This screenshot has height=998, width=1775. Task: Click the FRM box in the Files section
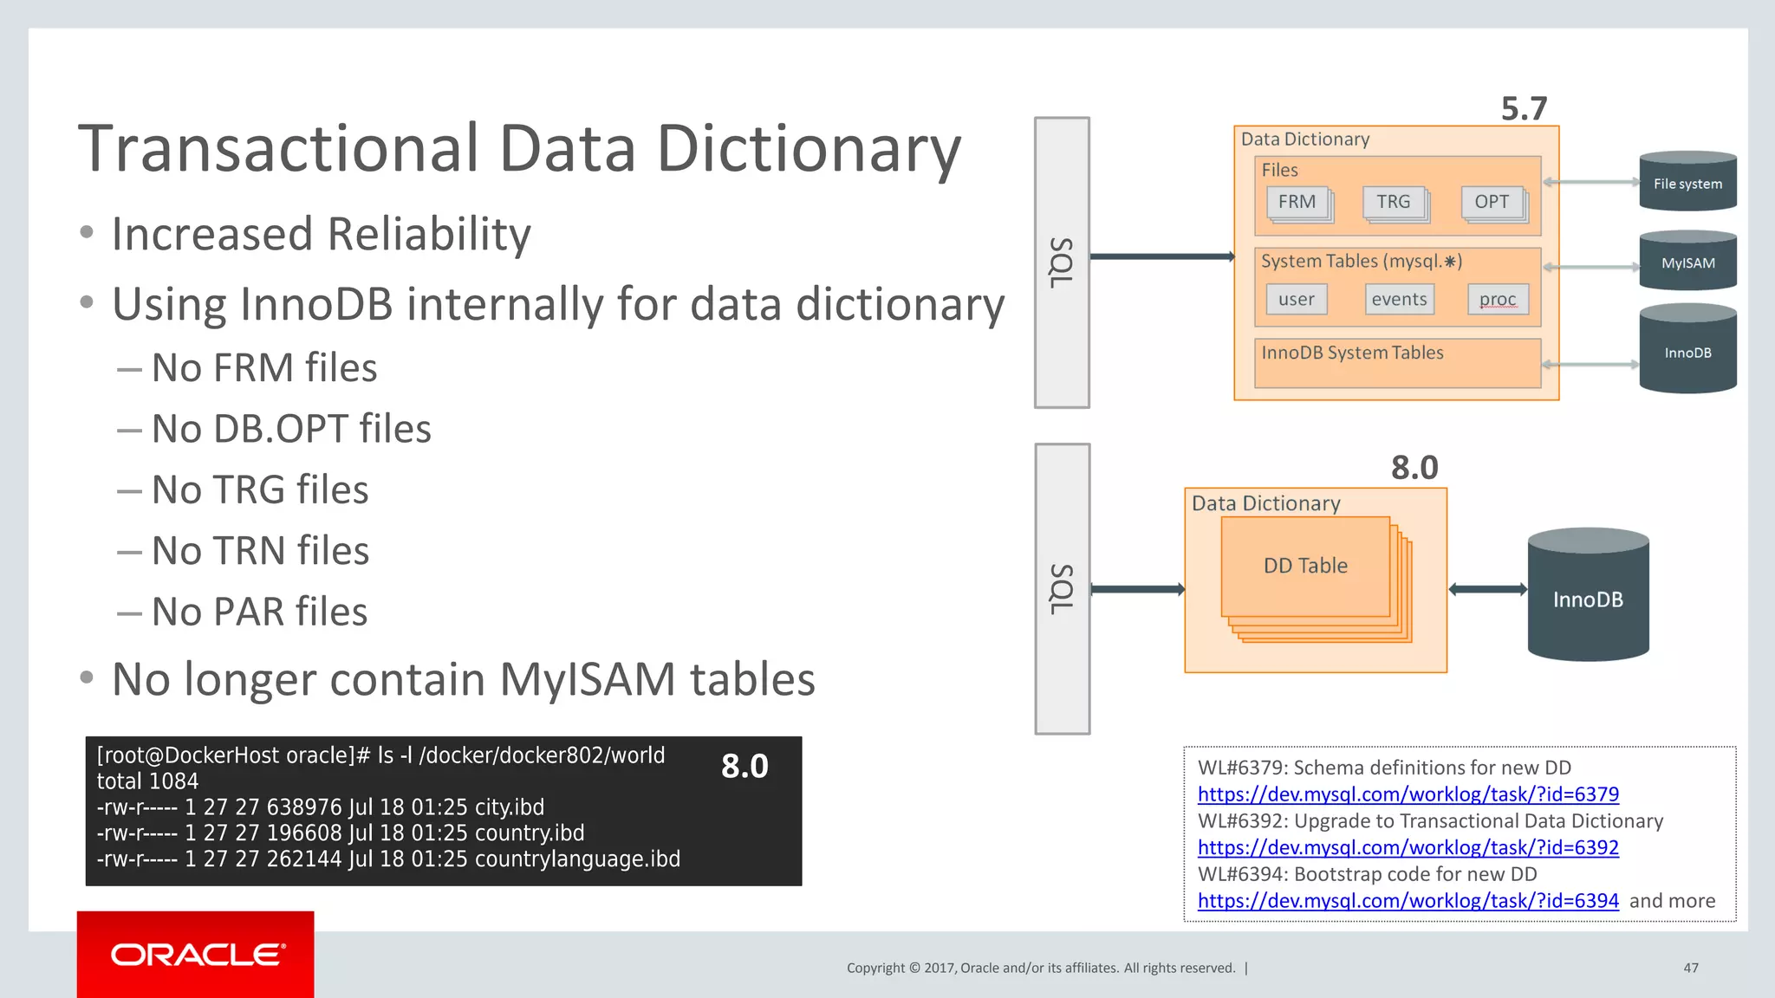coord(1297,202)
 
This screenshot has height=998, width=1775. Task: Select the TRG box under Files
coord(1393,202)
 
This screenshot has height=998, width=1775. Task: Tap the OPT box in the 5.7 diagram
coord(1491,202)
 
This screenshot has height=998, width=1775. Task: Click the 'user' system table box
coord(1296,300)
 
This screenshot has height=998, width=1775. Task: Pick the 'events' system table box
coord(1399,300)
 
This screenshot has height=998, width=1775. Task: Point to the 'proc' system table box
coord(1498,300)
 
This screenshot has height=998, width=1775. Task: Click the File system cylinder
coord(1687,183)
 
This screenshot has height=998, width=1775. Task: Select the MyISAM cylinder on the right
coord(1687,262)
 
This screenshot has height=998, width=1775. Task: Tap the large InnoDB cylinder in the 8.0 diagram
coord(1588,598)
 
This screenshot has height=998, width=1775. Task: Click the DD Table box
coord(1305,567)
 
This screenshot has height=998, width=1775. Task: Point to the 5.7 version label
coord(1524,109)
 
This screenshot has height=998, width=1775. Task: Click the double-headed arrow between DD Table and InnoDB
coord(1487,590)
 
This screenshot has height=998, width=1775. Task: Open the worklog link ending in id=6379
coord(1408,794)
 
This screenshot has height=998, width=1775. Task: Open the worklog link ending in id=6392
coord(1408,847)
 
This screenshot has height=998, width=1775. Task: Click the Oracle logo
coord(197,955)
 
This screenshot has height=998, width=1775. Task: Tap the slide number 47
coord(1690,968)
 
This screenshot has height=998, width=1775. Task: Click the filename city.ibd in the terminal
coord(509,807)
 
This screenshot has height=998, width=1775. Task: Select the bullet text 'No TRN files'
coord(260,551)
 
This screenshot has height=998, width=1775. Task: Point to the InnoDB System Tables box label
coord(1352,353)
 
